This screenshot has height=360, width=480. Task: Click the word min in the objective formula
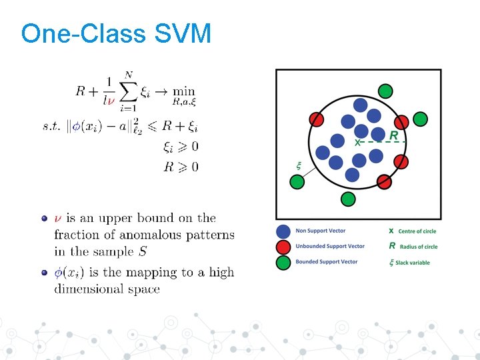[x=183, y=91]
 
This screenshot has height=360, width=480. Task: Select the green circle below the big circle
[x=348, y=198]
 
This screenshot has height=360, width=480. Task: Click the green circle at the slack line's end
[x=297, y=181]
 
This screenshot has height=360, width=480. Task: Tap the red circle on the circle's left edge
[x=317, y=119]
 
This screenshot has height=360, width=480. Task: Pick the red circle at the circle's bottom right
[x=385, y=181]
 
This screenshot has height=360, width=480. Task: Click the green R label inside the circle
[x=394, y=135]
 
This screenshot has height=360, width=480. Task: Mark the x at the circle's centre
[x=357, y=142]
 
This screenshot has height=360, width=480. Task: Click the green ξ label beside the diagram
[x=298, y=164]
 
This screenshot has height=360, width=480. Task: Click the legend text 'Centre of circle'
[x=417, y=231]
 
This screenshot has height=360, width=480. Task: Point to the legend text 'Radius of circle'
[x=419, y=247]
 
